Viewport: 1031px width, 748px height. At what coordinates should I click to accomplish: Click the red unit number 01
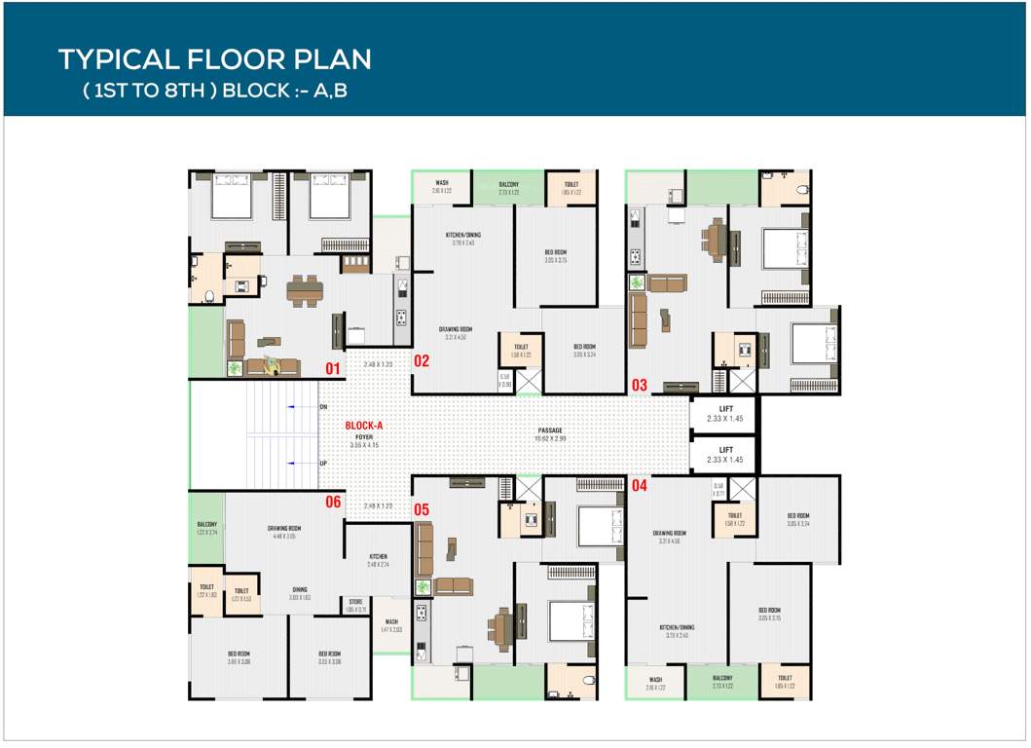point(333,368)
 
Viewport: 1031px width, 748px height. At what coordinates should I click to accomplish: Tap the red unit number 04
point(640,484)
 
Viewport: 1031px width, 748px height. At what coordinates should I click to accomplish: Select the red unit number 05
point(422,508)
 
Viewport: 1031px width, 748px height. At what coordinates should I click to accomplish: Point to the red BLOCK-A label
point(365,426)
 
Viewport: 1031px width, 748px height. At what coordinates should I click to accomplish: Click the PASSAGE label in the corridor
point(551,430)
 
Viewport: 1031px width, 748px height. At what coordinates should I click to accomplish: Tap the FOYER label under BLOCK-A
point(364,437)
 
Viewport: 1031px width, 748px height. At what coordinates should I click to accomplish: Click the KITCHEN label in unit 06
point(379,556)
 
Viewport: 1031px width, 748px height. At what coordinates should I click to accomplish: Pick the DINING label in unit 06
point(300,589)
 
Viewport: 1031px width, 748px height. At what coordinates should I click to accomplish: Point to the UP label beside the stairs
point(323,464)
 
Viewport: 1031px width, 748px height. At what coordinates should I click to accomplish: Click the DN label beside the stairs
point(323,406)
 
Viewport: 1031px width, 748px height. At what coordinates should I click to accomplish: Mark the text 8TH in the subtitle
point(187,91)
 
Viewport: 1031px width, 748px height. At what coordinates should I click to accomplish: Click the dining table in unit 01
point(303,289)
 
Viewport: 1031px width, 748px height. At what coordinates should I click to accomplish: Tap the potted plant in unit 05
point(423,587)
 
